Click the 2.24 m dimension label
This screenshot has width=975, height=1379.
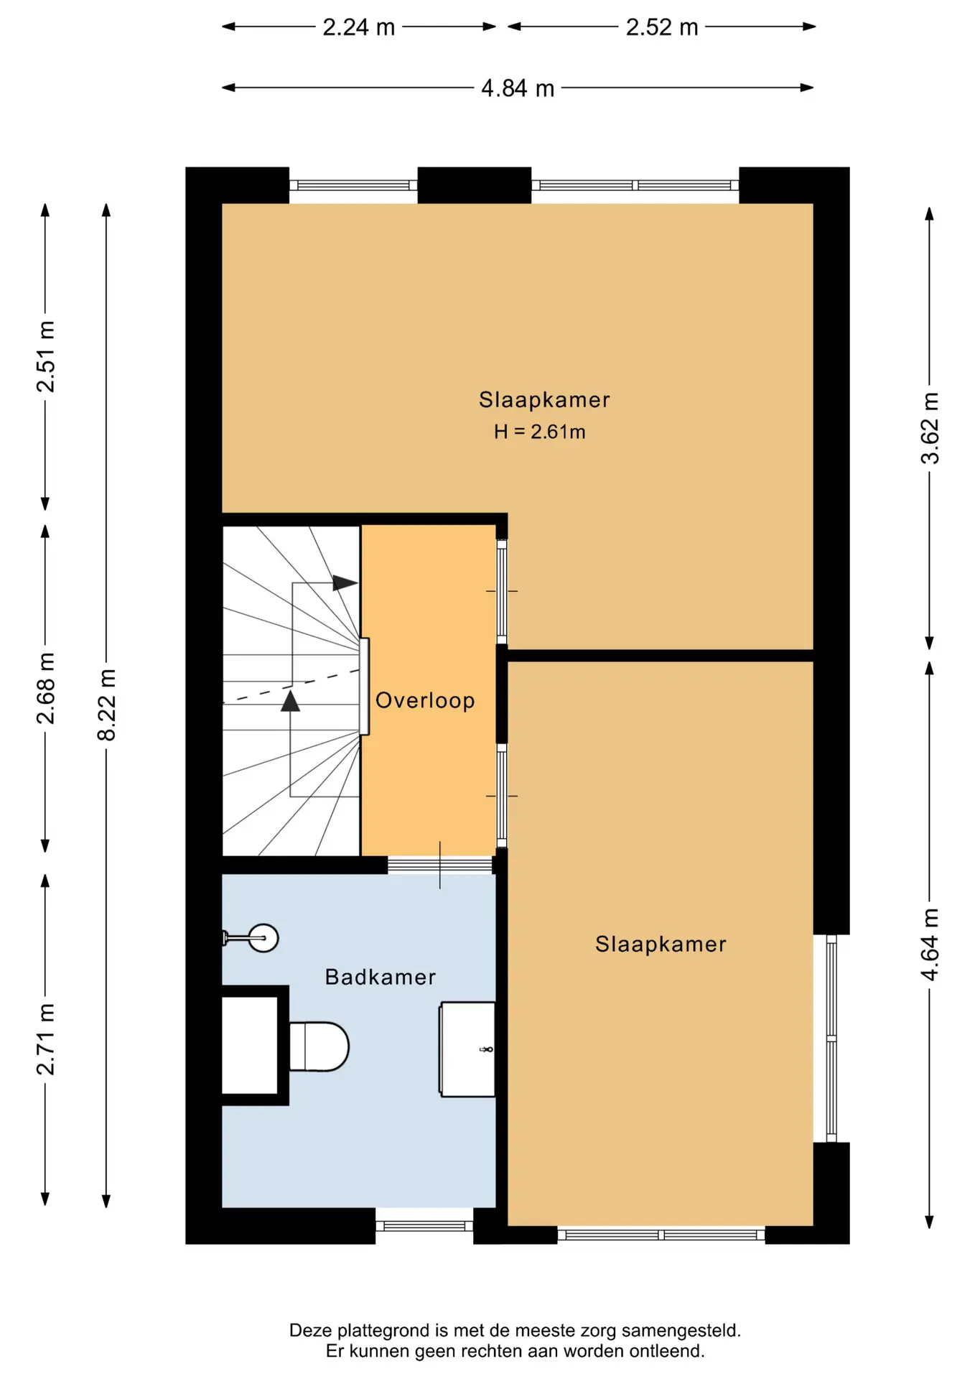(359, 27)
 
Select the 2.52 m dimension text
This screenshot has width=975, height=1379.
(662, 27)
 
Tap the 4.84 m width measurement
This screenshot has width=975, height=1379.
(518, 88)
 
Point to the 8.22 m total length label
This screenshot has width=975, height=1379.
(106, 705)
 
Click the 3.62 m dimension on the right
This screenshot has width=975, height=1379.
(930, 428)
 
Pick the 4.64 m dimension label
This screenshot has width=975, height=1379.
(930, 944)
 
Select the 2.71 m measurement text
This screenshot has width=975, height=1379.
(45, 1039)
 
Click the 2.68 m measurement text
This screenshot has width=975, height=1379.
(45, 689)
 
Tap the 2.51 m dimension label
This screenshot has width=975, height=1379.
(45, 357)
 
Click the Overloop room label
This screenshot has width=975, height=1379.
(425, 700)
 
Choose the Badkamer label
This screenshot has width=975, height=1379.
(381, 977)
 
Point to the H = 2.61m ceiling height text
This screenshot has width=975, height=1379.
(540, 432)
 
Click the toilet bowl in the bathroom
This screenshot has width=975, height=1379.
(319, 1046)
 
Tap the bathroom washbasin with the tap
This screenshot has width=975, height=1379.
(467, 1049)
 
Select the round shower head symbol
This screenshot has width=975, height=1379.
(263, 938)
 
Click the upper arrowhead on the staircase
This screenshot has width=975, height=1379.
(345, 583)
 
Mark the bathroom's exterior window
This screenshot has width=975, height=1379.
(424, 1226)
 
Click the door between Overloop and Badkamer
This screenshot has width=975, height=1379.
(440, 865)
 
